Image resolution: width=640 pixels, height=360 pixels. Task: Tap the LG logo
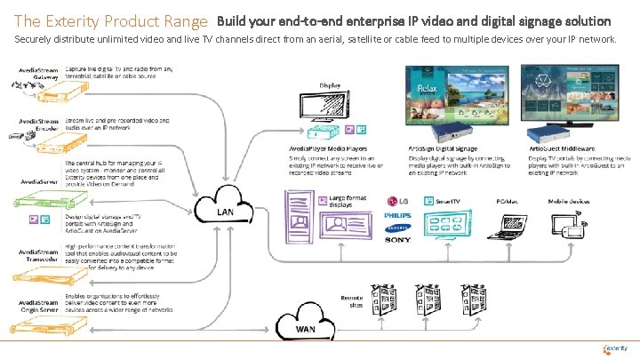[398, 201]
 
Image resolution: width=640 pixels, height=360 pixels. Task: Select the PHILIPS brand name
[398, 215]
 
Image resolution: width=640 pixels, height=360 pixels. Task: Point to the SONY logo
[398, 240]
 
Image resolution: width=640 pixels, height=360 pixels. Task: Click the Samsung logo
[398, 228]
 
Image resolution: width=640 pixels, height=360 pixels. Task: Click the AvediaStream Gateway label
[34, 73]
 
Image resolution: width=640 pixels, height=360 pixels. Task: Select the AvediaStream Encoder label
[34, 124]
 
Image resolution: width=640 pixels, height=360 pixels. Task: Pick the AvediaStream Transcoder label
[34, 256]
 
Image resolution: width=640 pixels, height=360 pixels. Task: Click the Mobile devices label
[568, 201]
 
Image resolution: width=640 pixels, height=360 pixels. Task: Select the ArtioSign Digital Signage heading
[442, 148]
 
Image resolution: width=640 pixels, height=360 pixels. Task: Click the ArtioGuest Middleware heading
[564, 148]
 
